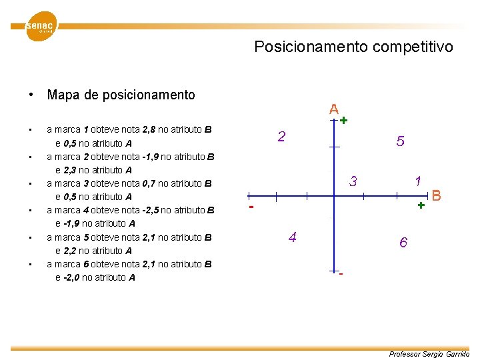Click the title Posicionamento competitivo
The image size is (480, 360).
tap(353, 47)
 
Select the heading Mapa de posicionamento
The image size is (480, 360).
tap(121, 95)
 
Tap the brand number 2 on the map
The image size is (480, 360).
tap(282, 137)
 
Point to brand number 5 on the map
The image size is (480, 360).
tap(400, 141)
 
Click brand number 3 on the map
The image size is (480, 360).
tap(353, 181)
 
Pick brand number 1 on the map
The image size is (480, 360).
tap(417, 181)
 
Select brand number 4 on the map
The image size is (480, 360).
tap(292, 237)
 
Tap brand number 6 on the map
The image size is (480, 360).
tap(403, 243)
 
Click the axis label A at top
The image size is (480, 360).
tap(333, 109)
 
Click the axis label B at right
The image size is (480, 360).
tap(437, 196)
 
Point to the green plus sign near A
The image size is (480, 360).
tap(343, 121)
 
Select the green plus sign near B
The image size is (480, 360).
tap(421, 206)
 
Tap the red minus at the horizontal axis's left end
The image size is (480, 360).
tap(251, 207)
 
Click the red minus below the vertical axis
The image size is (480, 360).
tap(341, 274)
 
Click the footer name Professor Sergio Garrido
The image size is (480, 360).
tap(429, 354)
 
